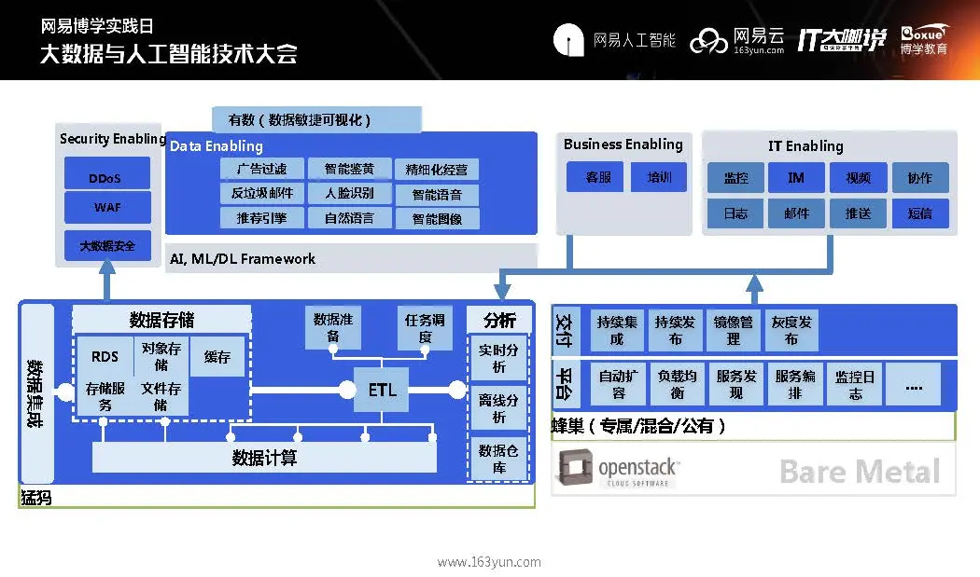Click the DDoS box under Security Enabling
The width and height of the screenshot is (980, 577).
click(x=105, y=177)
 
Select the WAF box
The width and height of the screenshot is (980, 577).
click(x=105, y=207)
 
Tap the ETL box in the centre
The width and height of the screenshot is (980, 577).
click(x=383, y=390)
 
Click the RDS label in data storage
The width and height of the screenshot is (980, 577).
click(x=105, y=357)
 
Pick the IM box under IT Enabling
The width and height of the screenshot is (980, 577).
click(x=796, y=178)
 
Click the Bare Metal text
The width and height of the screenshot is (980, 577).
click(x=859, y=472)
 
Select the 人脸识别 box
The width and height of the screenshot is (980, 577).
click(x=350, y=194)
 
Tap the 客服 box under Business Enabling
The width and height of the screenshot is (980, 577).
click(x=598, y=177)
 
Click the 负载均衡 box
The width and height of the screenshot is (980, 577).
click(x=677, y=384)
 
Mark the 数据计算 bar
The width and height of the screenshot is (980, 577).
click(x=264, y=458)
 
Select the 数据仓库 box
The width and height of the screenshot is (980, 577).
click(x=499, y=458)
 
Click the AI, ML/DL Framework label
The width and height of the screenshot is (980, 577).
click(x=244, y=259)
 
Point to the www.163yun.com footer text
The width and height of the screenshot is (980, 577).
click(x=489, y=562)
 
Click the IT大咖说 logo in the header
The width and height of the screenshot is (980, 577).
click(x=841, y=39)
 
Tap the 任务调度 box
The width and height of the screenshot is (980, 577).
click(x=425, y=327)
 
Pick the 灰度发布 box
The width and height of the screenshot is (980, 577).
click(x=791, y=330)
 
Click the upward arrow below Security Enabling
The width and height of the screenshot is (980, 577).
click(x=106, y=280)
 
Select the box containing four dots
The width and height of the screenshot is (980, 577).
click(x=914, y=384)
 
